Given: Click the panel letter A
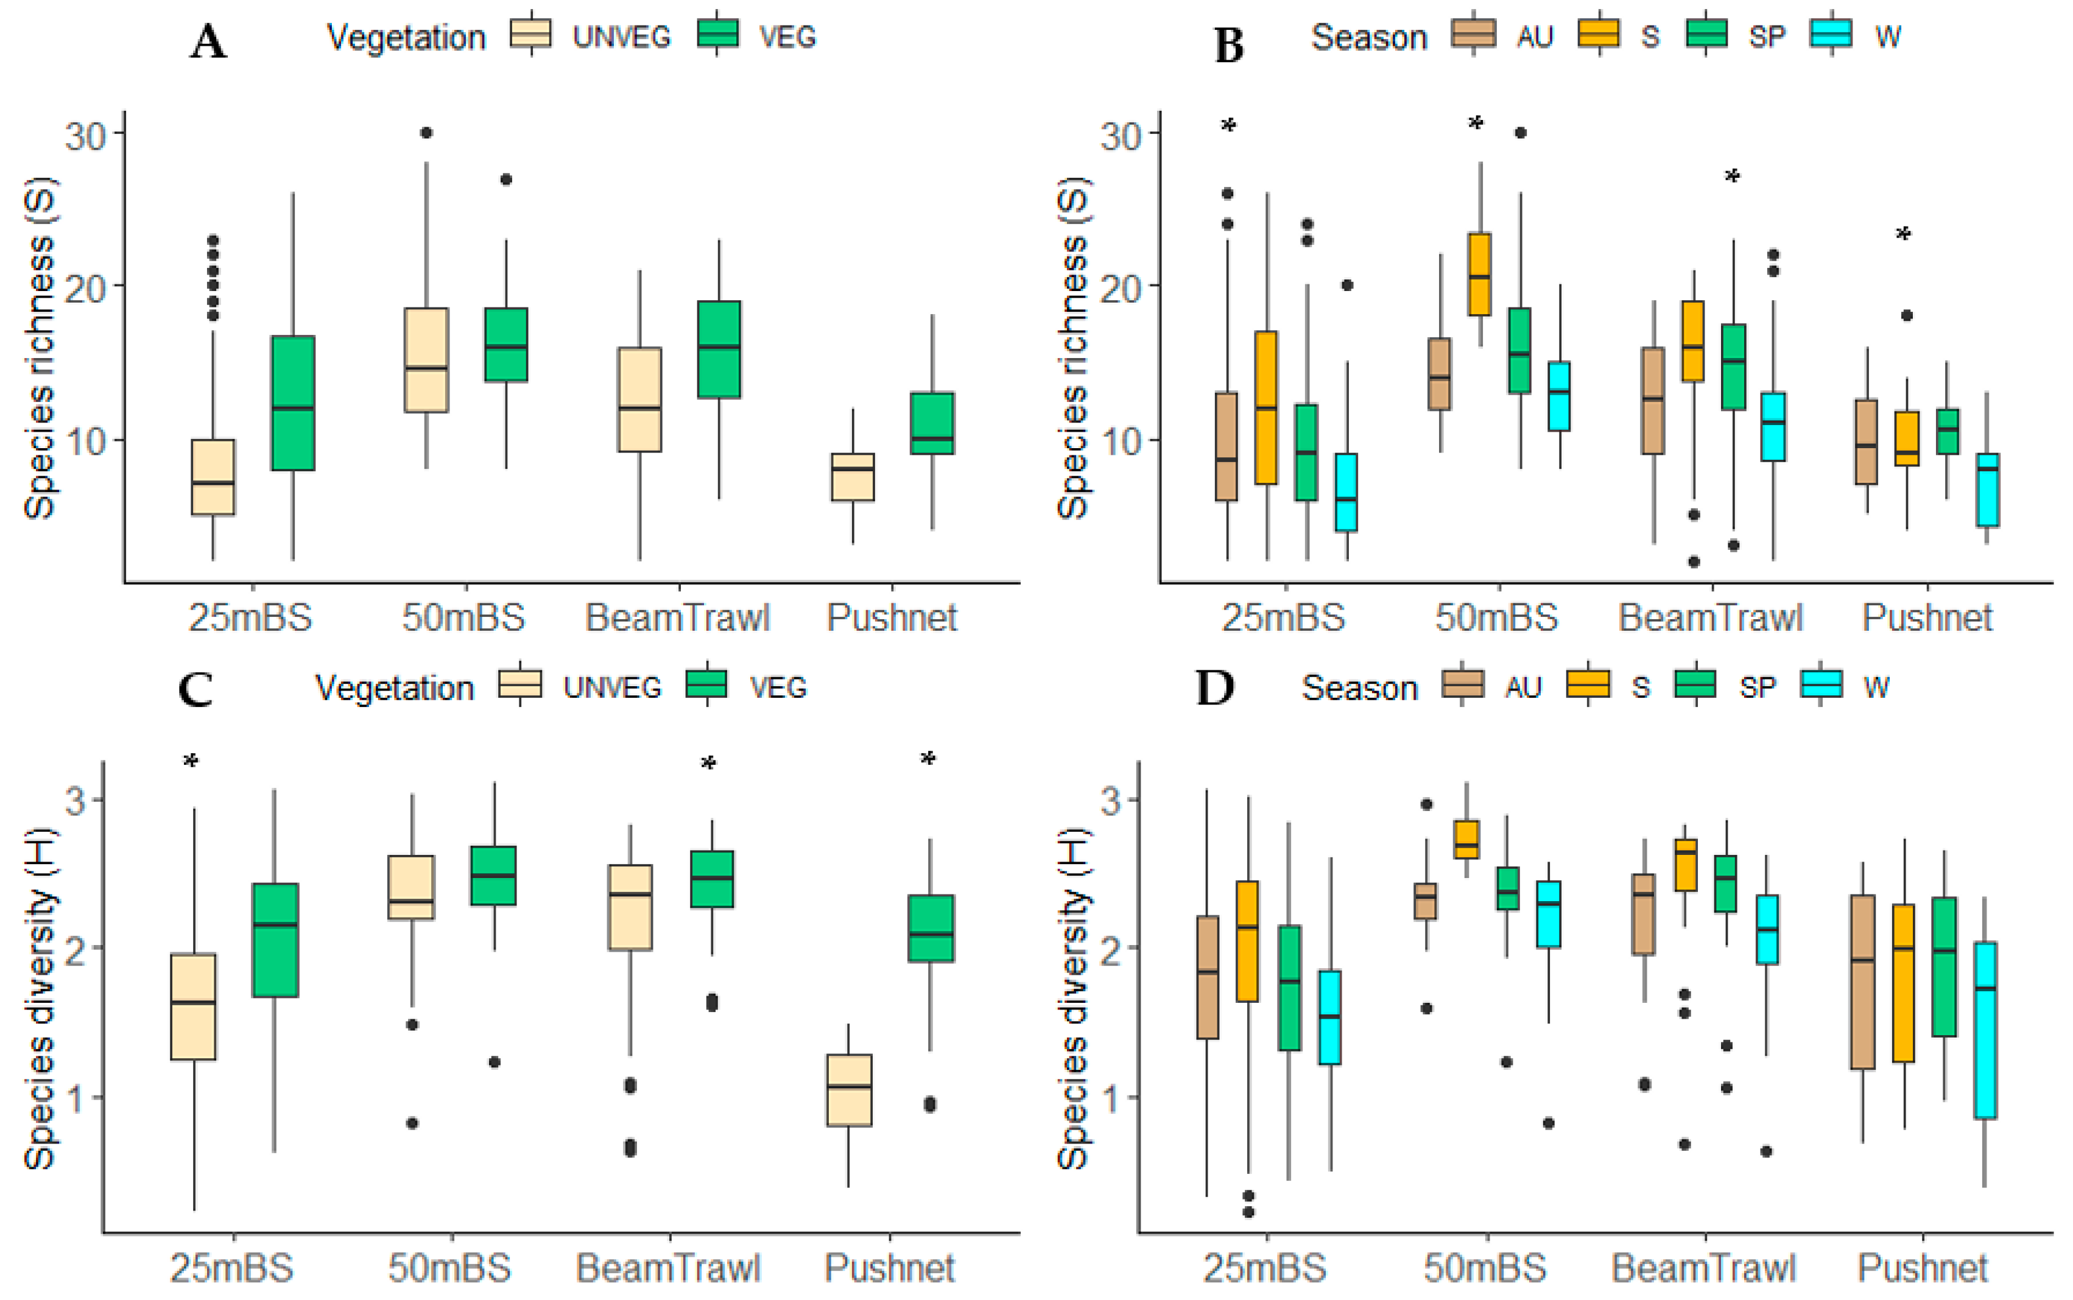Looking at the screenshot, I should (208, 41).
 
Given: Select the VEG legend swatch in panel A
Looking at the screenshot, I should (718, 34).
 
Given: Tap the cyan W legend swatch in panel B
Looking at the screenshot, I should (1831, 34).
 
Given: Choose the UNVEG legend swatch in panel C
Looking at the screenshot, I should (520, 684).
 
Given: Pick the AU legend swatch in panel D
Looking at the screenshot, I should (1463, 684).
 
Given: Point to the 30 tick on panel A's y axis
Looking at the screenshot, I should (85, 134).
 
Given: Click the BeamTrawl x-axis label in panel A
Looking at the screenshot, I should (678, 618).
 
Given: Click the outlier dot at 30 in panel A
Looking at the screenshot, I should (426, 132).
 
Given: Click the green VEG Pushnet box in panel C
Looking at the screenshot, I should (931, 929).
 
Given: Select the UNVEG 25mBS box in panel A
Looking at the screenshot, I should (213, 477).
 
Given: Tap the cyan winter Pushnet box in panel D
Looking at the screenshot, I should (1985, 1030).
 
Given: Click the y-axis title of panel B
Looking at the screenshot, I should (1072, 348).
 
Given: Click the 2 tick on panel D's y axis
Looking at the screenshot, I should (1113, 948).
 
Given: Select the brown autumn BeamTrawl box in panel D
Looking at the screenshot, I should (1643, 915).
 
